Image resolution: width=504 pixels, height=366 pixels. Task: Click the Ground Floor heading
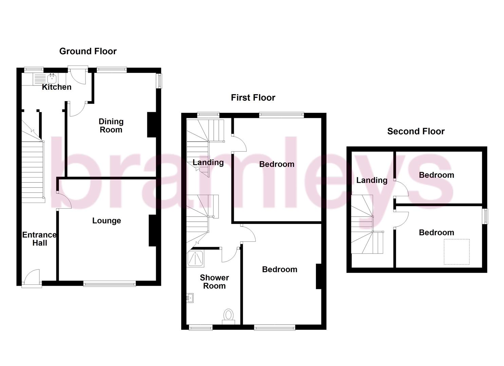(88, 51)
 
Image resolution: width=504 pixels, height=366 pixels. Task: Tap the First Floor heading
(253, 98)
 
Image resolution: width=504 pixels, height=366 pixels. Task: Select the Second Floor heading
(416, 131)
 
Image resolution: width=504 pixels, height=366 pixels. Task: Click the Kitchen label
(57, 87)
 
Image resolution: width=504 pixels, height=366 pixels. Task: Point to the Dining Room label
(111, 125)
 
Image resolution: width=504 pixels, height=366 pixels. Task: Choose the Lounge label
(107, 221)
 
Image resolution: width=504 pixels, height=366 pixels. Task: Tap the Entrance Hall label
(39, 239)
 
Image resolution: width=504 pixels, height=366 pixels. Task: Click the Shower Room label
(214, 282)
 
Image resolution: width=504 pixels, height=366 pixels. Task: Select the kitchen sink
(52, 79)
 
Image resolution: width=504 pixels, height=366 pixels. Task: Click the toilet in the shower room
(228, 316)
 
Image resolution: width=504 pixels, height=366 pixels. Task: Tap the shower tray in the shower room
(195, 258)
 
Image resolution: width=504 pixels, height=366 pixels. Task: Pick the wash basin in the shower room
(190, 298)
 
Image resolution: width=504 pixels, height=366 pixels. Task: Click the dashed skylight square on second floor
(457, 252)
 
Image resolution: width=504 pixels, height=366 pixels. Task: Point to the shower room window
(201, 327)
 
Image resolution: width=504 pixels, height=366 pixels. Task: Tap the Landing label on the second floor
(372, 180)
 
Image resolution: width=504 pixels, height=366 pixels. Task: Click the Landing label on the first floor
(208, 163)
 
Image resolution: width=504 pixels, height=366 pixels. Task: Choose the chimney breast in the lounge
(152, 230)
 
